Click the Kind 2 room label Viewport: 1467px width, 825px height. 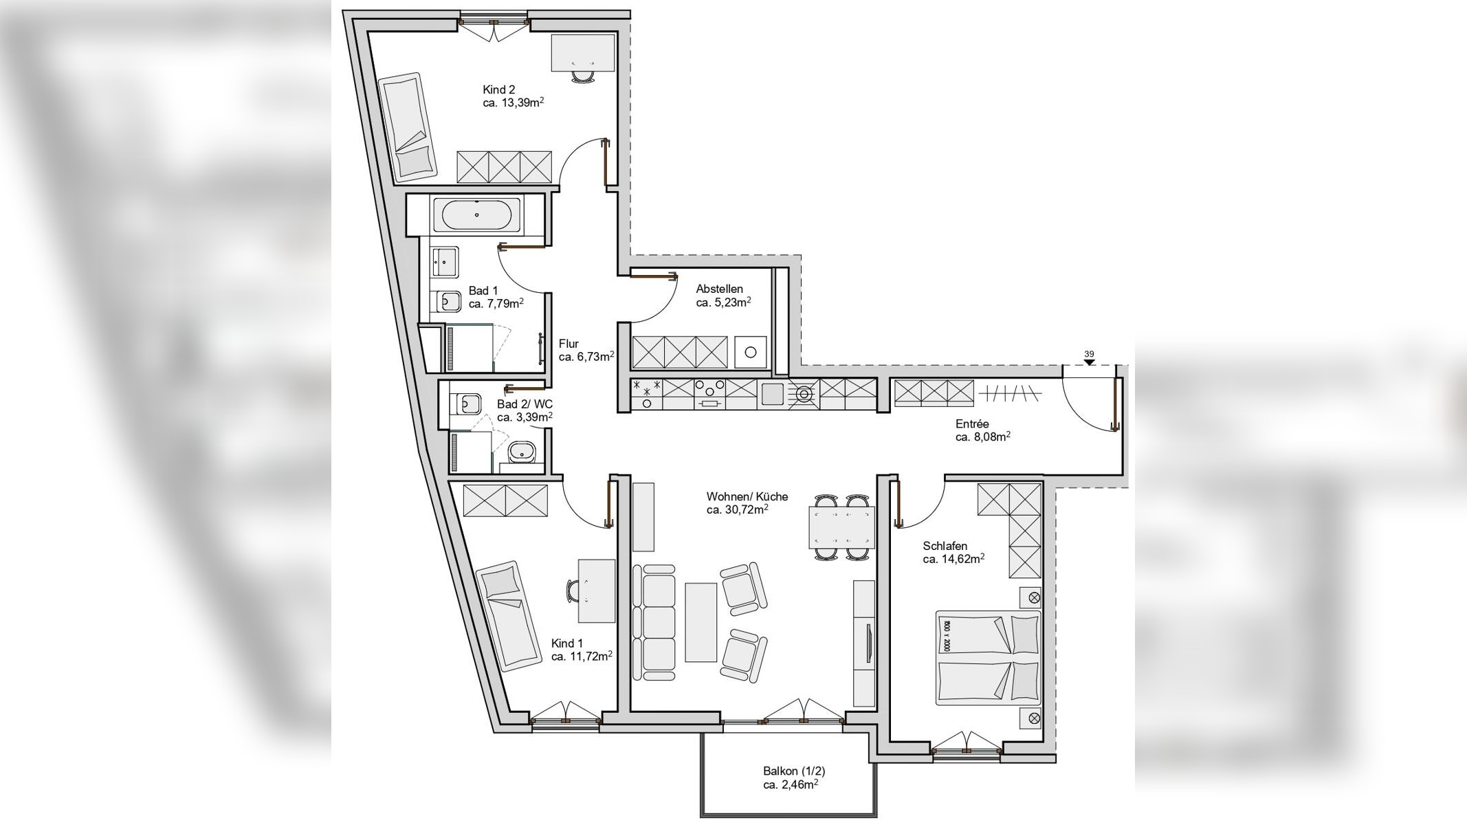498,89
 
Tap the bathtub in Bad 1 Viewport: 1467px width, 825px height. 476,214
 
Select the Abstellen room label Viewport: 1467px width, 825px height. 719,289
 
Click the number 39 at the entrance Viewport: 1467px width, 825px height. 1089,355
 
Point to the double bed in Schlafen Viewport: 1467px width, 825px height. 987,658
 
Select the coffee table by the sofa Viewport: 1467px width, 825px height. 701,622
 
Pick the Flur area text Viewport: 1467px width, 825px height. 585,357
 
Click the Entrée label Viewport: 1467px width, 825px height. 971,424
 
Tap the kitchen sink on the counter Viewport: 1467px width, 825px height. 773,394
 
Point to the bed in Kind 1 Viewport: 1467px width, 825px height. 507,615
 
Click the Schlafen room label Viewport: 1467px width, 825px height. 945,547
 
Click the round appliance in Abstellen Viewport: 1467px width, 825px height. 750,352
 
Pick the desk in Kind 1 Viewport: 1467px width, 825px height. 596,591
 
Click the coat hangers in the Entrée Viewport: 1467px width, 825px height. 1010,394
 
